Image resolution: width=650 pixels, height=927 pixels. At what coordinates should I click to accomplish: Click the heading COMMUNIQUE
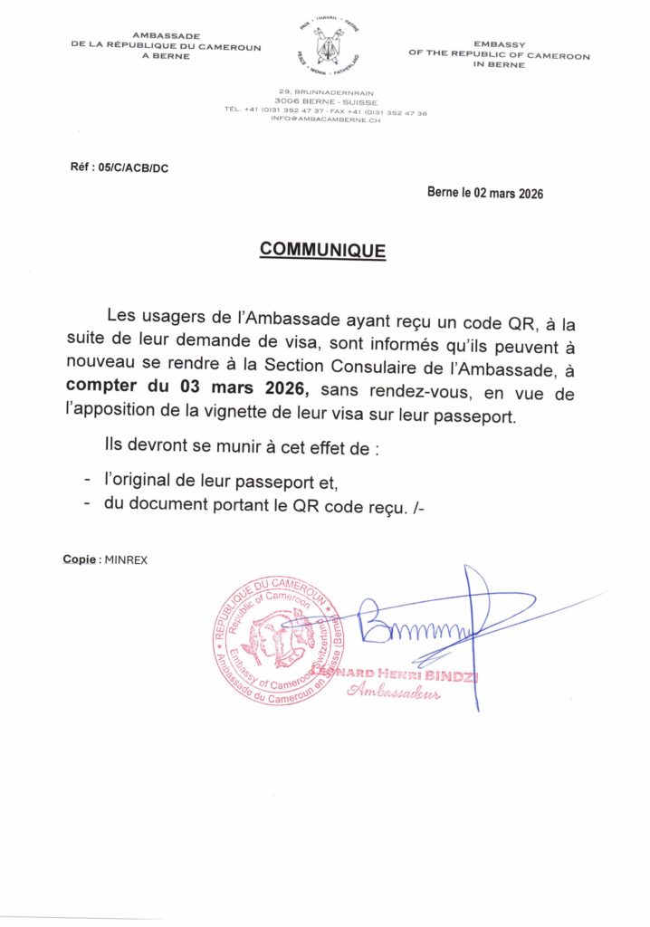[322, 250]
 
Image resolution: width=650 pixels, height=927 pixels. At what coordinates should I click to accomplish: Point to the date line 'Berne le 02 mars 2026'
[485, 193]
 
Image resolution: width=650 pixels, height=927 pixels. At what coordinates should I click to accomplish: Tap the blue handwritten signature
[425, 625]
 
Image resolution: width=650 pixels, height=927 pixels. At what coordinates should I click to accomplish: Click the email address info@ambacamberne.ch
[325, 120]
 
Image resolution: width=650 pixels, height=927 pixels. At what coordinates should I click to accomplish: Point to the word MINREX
[126, 559]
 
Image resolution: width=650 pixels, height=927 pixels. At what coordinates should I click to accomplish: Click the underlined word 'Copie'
[80, 559]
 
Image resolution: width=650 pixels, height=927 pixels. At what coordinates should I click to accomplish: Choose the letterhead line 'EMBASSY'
[499, 44]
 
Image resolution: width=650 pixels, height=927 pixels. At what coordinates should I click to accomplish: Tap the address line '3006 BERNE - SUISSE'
[325, 102]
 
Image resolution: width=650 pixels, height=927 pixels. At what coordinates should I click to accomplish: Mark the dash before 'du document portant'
[86, 507]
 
